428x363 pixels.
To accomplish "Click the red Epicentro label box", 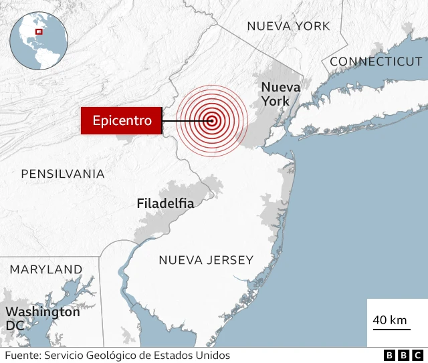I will tap(121, 121).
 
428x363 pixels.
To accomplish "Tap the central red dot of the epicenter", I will tap(212, 121).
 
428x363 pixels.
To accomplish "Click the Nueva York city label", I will tap(276, 94).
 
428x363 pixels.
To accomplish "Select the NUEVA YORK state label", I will tap(288, 26).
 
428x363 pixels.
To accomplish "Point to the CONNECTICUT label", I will tap(376, 62).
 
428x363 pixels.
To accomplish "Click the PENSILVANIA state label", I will tap(63, 174).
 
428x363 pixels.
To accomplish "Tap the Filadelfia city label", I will tap(165, 203).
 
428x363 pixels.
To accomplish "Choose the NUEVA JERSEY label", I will tap(206, 260).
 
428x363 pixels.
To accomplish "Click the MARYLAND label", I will tap(46, 269).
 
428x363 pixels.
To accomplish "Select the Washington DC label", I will tap(42, 318).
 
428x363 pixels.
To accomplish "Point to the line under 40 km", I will tap(390, 330).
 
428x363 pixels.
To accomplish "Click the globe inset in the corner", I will tap(39, 40).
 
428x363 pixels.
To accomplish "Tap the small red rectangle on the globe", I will tap(39, 31).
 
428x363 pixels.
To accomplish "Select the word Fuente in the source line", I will tap(21, 356).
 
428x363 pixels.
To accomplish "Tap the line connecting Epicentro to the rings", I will tap(184, 121).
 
